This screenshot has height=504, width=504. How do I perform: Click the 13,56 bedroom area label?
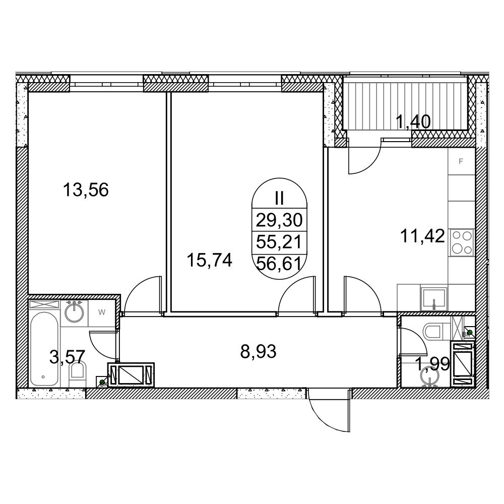(86, 190)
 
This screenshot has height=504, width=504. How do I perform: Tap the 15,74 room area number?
(209, 261)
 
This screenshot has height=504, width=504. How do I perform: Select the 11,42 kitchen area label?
(422, 236)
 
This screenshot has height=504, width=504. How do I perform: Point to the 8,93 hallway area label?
(258, 352)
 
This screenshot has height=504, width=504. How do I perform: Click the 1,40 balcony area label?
(413, 122)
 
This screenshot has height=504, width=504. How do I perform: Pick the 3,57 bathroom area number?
(67, 357)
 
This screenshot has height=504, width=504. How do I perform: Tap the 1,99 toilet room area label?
(432, 364)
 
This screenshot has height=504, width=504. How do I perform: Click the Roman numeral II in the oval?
(279, 198)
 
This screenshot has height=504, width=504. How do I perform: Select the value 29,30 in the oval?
(279, 221)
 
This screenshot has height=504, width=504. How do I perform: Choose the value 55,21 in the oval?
(279, 242)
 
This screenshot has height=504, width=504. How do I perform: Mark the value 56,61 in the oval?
(279, 264)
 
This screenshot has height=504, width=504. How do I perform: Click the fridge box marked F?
(461, 161)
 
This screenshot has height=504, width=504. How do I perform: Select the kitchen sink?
(433, 299)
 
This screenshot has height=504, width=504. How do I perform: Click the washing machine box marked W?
(102, 312)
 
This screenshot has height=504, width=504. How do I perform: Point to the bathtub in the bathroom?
(44, 348)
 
